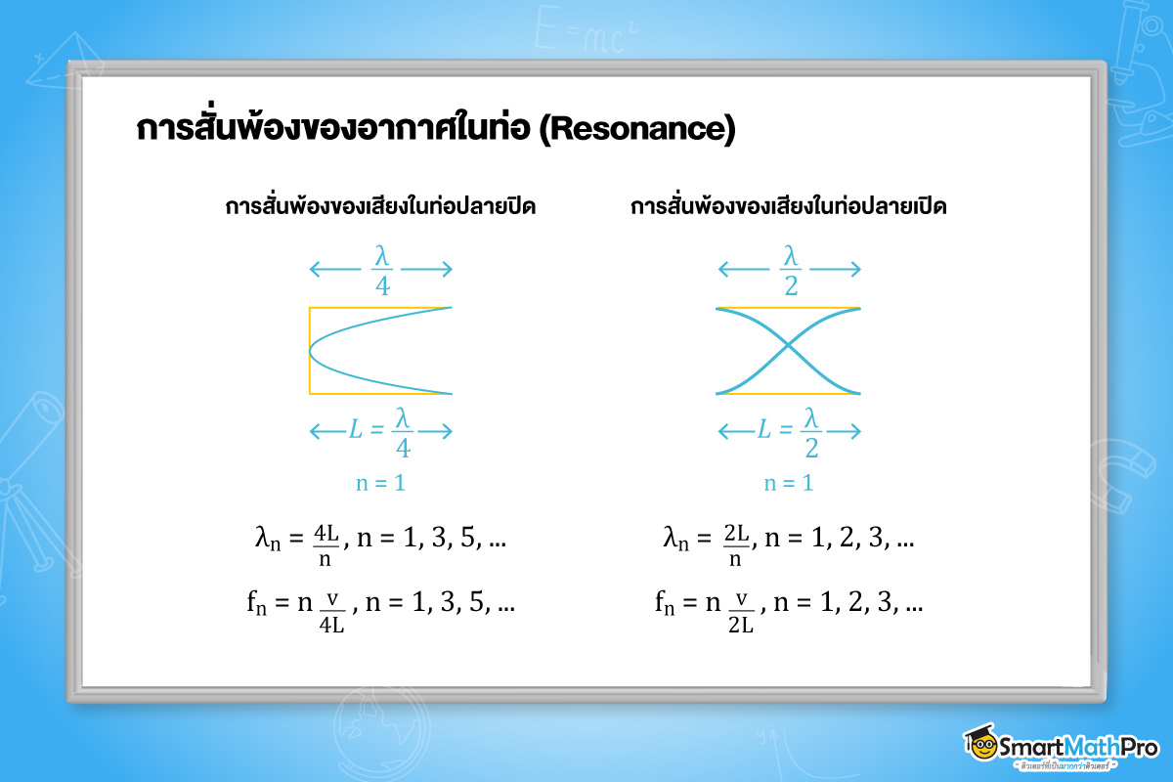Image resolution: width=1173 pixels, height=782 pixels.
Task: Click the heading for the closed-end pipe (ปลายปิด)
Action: pyautogui.click(x=380, y=208)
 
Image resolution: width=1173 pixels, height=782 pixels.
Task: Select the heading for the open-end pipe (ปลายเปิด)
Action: pyautogui.click(x=789, y=208)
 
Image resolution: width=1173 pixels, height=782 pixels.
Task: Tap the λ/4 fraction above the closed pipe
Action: pyautogui.click(x=381, y=270)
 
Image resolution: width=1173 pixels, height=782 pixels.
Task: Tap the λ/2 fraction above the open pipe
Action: pyautogui.click(x=790, y=270)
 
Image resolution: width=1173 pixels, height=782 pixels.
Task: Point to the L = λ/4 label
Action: pyautogui.click(x=382, y=431)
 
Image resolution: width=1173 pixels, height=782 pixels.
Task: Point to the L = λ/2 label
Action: pyautogui.click(x=790, y=431)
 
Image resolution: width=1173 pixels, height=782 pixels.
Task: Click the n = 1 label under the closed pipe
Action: pyautogui.click(x=380, y=483)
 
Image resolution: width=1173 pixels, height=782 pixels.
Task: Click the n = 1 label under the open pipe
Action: pyautogui.click(x=788, y=483)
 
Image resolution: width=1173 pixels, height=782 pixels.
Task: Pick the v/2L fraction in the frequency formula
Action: pyautogui.click(x=741, y=612)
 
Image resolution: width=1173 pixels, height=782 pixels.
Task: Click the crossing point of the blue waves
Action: pyautogui.click(x=788, y=351)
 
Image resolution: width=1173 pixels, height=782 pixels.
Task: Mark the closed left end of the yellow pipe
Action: pyautogui.click(x=310, y=351)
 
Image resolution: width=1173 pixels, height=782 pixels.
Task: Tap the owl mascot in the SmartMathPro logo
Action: pyautogui.click(x=980, y=745)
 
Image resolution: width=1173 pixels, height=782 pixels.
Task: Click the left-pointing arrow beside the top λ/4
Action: pyautogui.click(x=334, y=270)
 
